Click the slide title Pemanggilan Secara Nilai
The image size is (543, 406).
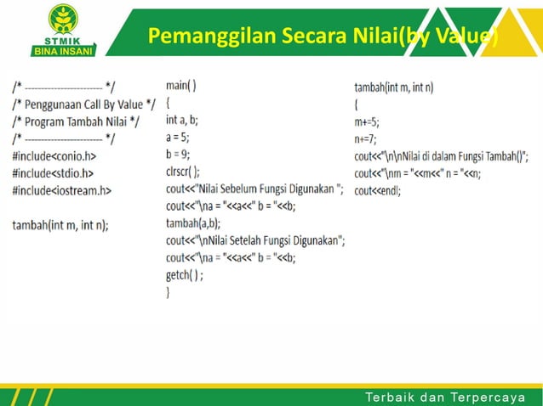322,37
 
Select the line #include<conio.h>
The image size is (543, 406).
54,156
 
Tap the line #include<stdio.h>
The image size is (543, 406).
53,173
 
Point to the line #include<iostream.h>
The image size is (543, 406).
61,190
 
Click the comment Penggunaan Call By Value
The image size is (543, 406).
84,104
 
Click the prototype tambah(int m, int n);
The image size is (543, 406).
60,225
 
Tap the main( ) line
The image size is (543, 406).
181,85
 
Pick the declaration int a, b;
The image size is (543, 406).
182,120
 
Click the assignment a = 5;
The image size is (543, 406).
178,137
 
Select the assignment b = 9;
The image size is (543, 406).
178,154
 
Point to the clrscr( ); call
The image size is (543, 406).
183,171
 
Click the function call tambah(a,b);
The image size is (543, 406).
193,223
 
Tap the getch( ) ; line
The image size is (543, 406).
185,275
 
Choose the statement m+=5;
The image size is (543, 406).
367,121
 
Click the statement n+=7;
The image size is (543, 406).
365,138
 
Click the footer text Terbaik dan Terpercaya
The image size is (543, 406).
445,398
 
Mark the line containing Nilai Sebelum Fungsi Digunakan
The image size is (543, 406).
254,189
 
